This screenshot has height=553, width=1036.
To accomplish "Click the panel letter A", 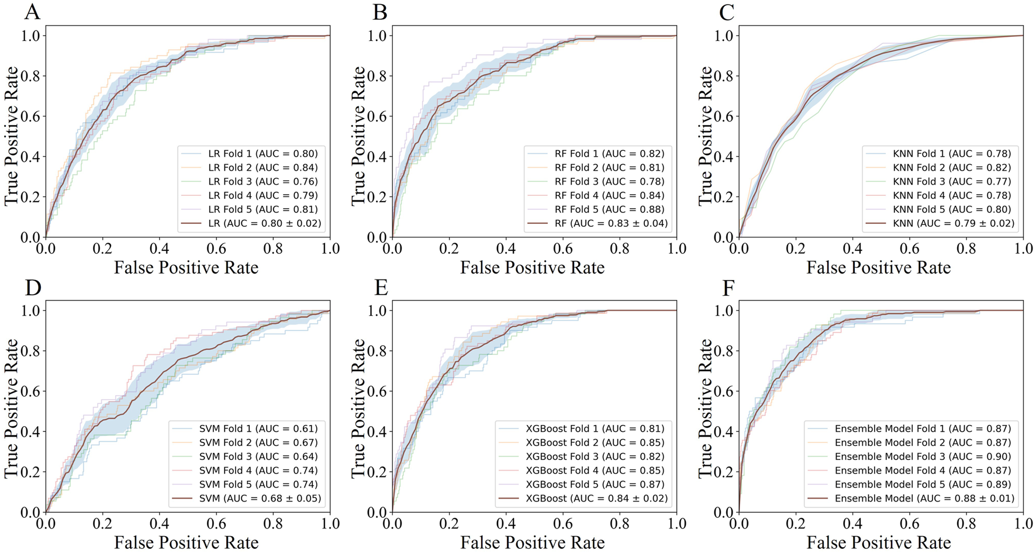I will pyautogui.click(x=32, y=12).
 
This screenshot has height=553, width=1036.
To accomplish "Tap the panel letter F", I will pyautogui.click(x=728, y=288).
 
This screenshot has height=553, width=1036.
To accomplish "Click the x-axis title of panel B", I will pyautogui.click(x=532, y=268).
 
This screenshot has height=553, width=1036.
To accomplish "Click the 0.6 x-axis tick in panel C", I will pyautogui.click(x=909, y=248).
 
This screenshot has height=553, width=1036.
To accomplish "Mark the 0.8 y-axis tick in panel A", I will pyautogui.click(x=30, y=76).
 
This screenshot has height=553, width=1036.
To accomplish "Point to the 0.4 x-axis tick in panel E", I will pyautogui.click(x=506, y=523).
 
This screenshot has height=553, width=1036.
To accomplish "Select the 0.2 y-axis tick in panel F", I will pyautogui.click(x=723, y=472).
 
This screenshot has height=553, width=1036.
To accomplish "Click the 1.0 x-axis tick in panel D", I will pyautogui.click(x=330, y=523).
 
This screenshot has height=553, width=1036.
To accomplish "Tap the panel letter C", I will pyautogui.click(x=727, y=12).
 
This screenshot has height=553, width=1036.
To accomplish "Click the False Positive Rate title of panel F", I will pyautogui.click(x=879, y=542).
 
